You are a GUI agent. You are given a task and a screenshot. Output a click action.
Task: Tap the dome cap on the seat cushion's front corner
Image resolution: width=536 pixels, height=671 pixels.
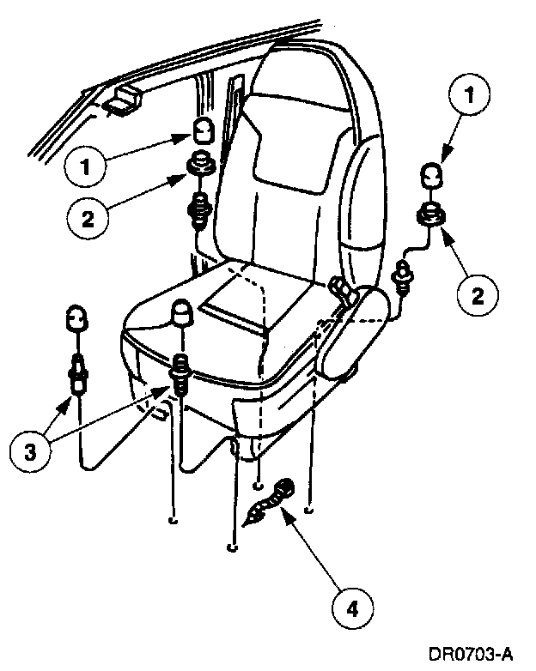point(183,314)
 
